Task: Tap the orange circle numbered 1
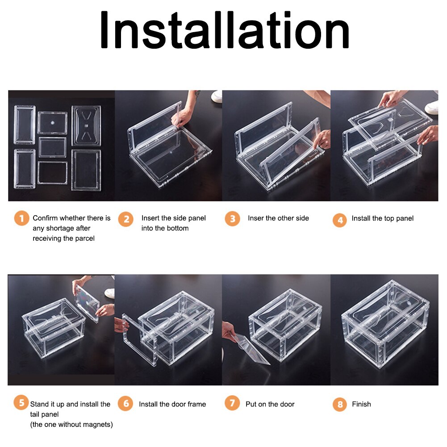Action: (21, 219)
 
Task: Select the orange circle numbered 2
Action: (126, 219)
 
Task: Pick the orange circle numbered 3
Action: (232, 219)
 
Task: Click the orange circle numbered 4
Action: (340, 220)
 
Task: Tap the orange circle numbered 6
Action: (125, 404)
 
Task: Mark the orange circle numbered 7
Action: (232, 404)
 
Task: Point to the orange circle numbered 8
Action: (340, 405)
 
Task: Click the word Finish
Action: (361, 404)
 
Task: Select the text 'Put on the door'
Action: (270, 404)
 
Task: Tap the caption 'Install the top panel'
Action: (382, 218)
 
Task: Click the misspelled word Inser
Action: (255, 218)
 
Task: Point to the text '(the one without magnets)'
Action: (71, 424)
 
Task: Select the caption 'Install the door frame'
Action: (172, 404)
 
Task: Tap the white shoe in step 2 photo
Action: (217, 96)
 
